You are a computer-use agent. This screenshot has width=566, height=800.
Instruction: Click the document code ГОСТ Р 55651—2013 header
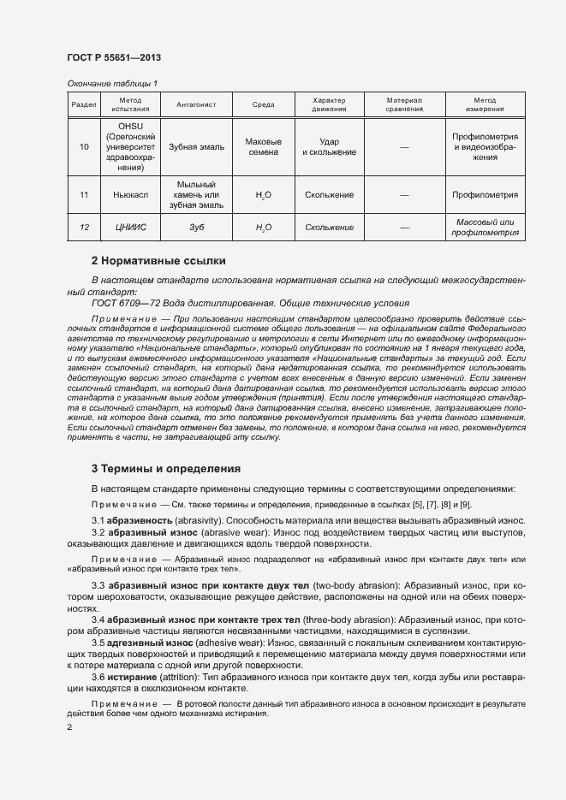pyautogui.click(x=113, y=57)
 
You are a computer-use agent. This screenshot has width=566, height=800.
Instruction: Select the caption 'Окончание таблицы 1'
pyautogui.click(x=111, y=83)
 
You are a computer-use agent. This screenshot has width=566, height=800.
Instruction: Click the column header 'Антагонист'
pyautogui.click(x=196, y=104)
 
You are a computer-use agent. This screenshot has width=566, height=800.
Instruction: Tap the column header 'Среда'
pyautogui.click(x=263, y=104)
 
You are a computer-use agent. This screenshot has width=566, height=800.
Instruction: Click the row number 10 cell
pyautogui.click(x=84, y=147)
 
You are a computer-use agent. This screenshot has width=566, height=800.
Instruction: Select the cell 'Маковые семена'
pyautogui.click(x=263, y=147)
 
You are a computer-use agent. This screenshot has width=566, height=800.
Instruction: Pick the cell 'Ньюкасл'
pyautogui.click(x=130, y=195)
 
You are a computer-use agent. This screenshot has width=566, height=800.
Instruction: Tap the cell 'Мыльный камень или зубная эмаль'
pyautogui.click(x=196, y=195)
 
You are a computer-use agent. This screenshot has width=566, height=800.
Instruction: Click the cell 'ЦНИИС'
pyautogui.click(x=130, y=228)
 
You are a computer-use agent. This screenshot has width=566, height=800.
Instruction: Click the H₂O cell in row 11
pyautogui.click(x=263, y=196)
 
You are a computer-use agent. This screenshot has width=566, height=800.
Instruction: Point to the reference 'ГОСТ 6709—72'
pyautogui.click(x=122, y=303)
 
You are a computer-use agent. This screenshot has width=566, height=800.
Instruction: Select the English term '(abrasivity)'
pyautogui.click(x=200, y=521)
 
